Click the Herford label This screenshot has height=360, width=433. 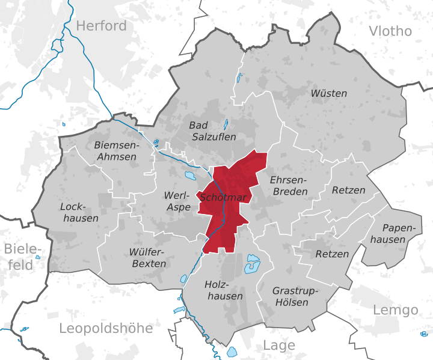point(102,26)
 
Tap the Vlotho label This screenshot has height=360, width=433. point(390,31)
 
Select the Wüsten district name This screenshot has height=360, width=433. point(328,93)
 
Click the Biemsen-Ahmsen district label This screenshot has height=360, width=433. point(115,151)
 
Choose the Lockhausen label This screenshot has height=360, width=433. point(79,212)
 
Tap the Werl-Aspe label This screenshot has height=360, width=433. point(177,201)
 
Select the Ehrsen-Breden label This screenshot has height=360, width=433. point(289,186)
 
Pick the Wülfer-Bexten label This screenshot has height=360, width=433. point(147,257)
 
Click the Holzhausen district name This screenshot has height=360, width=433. point(224,290)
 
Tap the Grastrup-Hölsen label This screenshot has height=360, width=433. point(295,296)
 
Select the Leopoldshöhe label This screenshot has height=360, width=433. point(106,328)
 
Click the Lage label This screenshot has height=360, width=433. point(279,346)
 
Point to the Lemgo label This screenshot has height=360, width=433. point(395,310)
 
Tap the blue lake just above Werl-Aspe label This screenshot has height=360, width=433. point(190,177)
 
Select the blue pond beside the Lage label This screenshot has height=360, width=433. point(232,352)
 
